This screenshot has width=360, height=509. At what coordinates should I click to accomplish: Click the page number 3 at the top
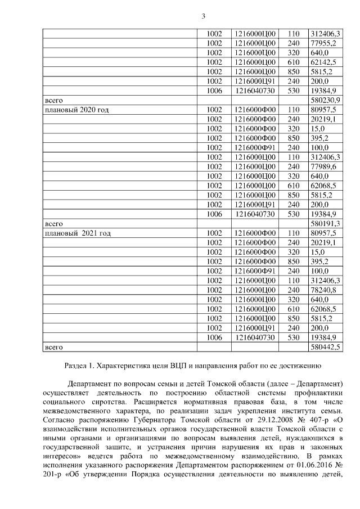click(x=203, y=16)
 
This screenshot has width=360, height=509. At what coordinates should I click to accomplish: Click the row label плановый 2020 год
click(x=76, y=110)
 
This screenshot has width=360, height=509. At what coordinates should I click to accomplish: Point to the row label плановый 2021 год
click(x=77, y=233)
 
